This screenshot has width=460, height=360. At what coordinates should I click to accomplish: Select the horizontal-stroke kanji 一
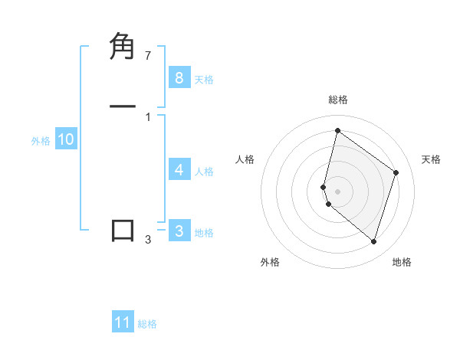(x=123, y=106)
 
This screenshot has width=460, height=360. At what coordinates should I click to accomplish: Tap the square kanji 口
(x=123, y=231)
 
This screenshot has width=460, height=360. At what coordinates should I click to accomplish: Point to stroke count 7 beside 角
(x=147, y=56)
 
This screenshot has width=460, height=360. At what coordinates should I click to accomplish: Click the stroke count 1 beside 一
(x=147, y=116)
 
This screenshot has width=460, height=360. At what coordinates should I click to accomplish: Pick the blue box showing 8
(x=179, y=78)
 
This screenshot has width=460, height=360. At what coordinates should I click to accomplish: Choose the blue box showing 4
(x=179, y=170)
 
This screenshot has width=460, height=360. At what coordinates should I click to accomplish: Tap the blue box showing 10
(x=66, y=139)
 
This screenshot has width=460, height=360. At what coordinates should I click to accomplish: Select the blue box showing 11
(x=123, y=322)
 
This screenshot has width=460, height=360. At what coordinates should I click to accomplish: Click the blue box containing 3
(x=179, y=231)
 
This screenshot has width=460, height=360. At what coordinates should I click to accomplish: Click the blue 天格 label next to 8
(x=204, y=80)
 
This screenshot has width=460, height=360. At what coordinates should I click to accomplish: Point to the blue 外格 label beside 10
(x=41, y=141)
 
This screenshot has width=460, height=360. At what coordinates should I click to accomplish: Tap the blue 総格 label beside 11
(x=147, y=324)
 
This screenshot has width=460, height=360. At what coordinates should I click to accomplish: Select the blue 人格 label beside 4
(x=204, y=172)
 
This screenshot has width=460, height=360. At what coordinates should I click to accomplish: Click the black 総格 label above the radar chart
(x=338, y=100)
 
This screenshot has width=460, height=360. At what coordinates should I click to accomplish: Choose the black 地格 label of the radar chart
(x=402, y=263)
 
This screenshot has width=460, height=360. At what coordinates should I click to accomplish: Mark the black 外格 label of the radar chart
(x=270, y=263)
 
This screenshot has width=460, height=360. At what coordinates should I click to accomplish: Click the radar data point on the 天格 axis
(x=396, y=172)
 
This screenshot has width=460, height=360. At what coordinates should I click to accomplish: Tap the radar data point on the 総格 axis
(x=337, y=131)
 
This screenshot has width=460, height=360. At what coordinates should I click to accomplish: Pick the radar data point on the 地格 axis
(x=373, y=241)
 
